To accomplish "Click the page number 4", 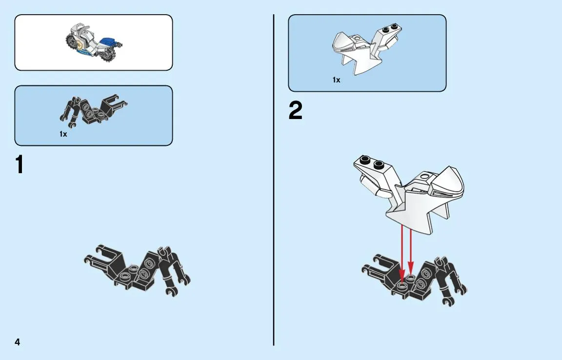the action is pos(17,342).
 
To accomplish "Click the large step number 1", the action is pos(20,164).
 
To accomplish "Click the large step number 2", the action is pos(295,110).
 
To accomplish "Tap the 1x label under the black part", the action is pos(63,134).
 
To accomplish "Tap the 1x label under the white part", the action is pos(336,80).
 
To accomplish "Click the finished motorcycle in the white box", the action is pos(94,42).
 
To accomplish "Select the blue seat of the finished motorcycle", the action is pos(109,41).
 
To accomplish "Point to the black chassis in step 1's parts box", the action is pos(93,109).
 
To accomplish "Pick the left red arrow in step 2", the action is pos(402,253).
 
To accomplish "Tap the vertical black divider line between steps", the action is pos(274,180).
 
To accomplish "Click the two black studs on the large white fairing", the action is pos(372,162).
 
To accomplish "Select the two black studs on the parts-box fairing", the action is pos(390,28).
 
